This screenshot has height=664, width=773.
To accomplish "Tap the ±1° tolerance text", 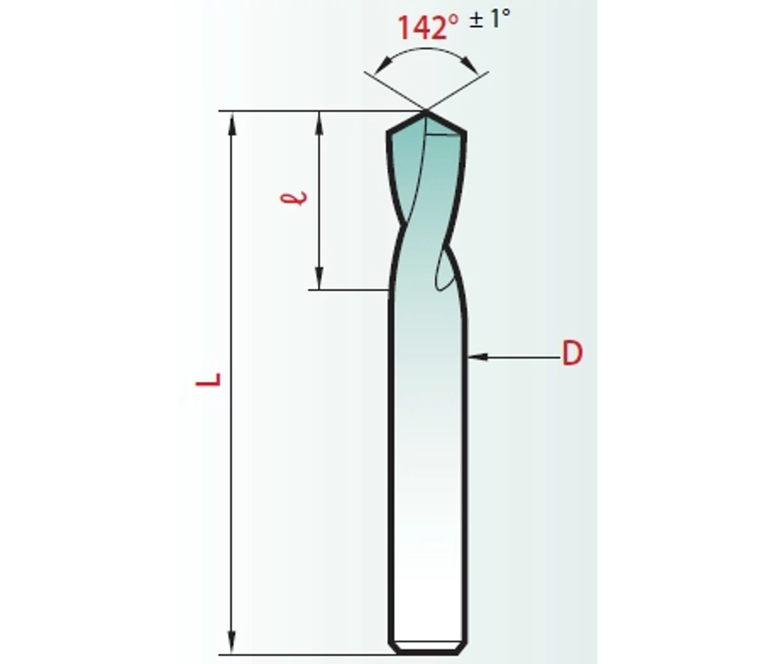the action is click(x=490, y=18).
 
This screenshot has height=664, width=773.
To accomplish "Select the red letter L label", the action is click(x=209, y=380).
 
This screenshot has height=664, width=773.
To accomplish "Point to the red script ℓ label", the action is click(x=294, y=198).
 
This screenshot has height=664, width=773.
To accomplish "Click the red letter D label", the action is click(x=573, y=353).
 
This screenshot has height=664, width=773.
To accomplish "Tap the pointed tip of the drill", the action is click(x=426, y=112).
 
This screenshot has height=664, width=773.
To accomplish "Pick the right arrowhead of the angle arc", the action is click(x=471, y=65).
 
